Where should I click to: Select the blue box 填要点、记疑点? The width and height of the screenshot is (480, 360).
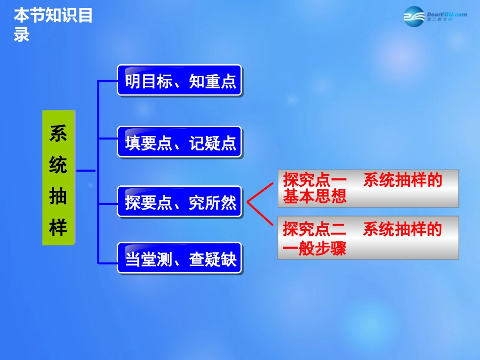click(180, 143)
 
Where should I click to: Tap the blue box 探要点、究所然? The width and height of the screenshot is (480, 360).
click(180, 202)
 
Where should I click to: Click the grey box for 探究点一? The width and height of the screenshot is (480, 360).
click(368, 188)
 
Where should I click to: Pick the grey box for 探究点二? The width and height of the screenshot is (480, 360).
click(368, 237)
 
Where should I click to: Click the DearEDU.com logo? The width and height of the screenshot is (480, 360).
click(435, 16)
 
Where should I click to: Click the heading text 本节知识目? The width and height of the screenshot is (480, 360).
click(53, 16)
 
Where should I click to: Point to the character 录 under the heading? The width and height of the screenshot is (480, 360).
click(22, 34)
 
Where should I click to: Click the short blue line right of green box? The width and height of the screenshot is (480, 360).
click(86, 171)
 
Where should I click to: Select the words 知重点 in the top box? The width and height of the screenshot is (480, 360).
click(213, 81)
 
